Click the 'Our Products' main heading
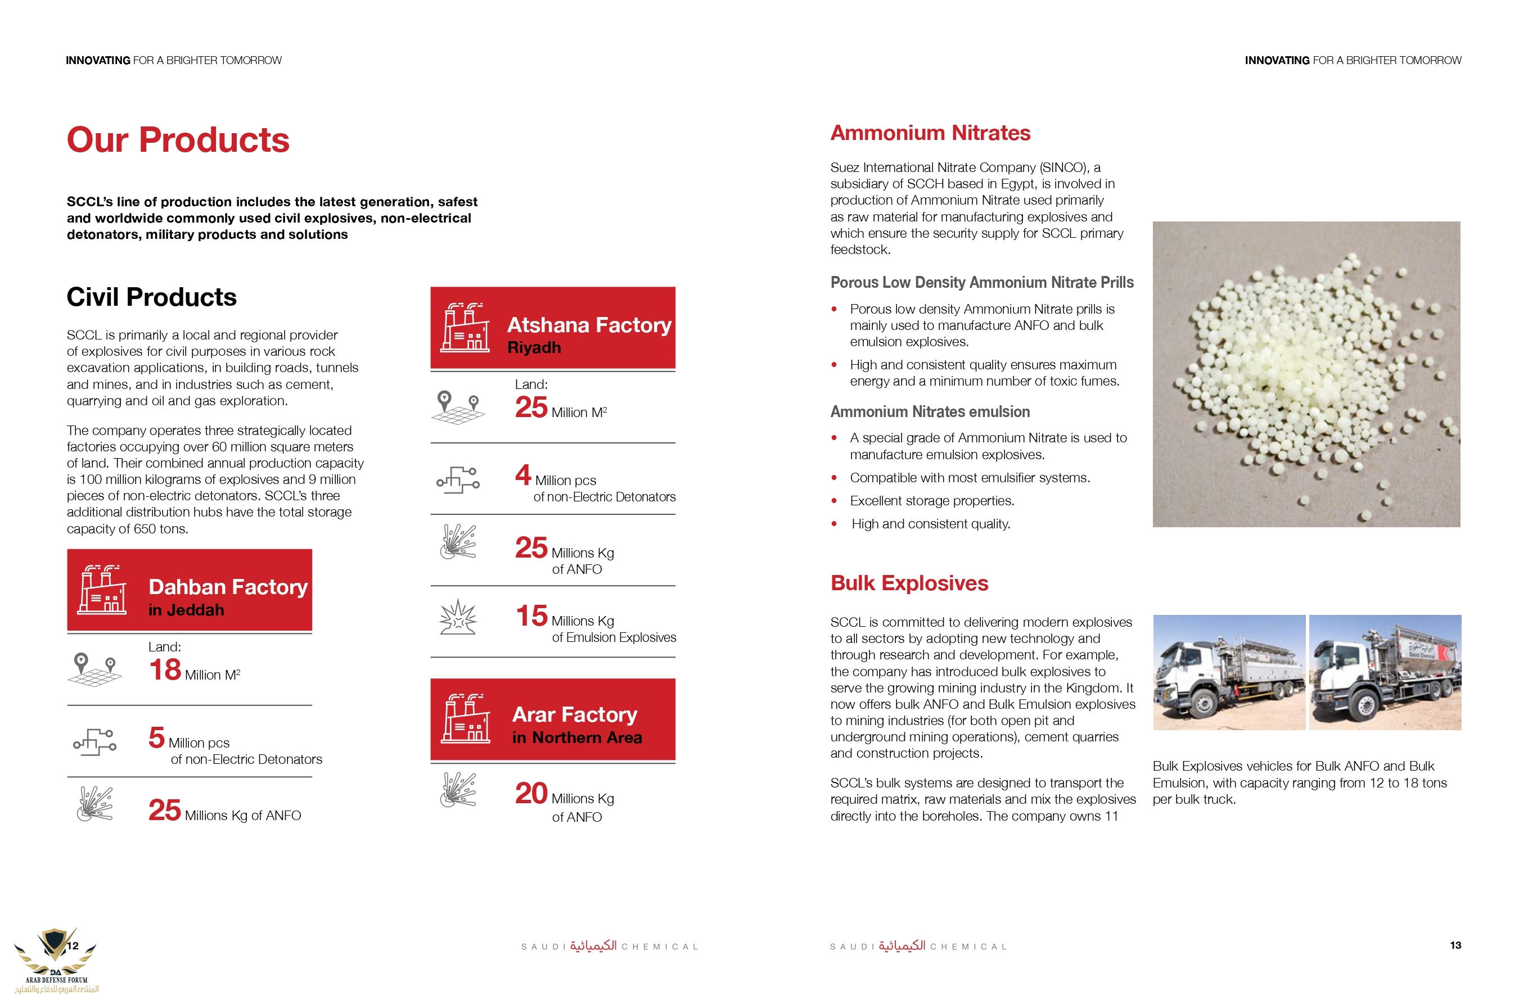(x=178, y=140)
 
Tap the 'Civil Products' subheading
(x=151, y=297)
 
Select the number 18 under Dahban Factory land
(x=165, y=669)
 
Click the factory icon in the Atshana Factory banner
(x=465, y=327)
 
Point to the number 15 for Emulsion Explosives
(x=531, y=616)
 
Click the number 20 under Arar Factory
(x=531, y=794)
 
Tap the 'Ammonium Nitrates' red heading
(x=930, y=133)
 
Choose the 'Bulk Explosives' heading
(x=909, y=583)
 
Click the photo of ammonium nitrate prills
(x=1306, y=374)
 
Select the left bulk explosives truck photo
(x=1229, y=672)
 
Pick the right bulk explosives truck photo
(x=1385, y=672)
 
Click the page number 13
(x=1455, y=945)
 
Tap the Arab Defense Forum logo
(x=56, y=959)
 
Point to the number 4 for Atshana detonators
(x=523, y=475)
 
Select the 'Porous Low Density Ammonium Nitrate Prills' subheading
(x=982, y=282)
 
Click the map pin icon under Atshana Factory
(x=457, y=407)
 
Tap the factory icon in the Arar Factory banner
(x=465, y=719)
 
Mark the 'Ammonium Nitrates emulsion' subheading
(x=930, y=411)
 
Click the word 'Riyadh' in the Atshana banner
(x=534, y=348)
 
